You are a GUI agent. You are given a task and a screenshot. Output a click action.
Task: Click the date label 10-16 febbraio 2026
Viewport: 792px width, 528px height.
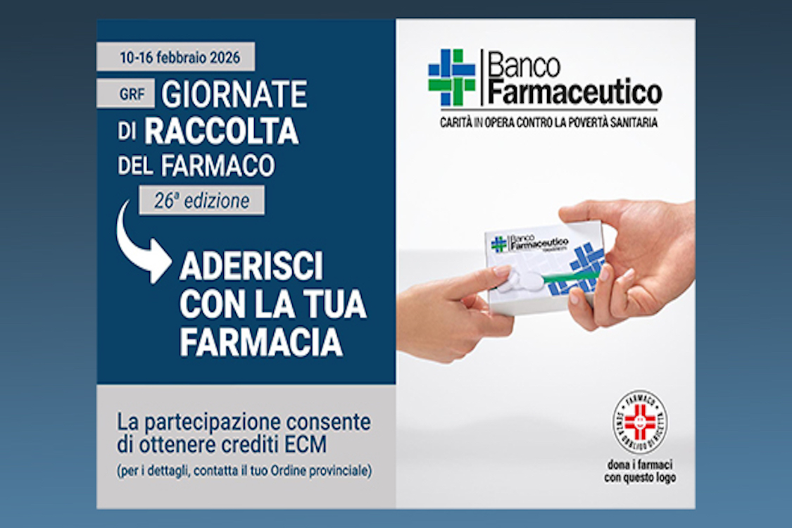tap(175, 57)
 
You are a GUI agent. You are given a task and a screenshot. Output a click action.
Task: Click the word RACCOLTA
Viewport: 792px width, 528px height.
tap(222, 132)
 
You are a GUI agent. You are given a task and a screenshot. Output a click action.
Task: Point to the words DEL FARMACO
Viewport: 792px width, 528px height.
tap(196, 166)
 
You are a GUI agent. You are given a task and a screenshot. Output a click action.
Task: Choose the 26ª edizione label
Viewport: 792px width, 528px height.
tap(202, 201)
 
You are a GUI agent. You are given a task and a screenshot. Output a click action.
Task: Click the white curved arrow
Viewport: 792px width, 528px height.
tap(142, 242)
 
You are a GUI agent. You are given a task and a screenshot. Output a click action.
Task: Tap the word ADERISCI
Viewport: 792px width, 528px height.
tap(251, 267)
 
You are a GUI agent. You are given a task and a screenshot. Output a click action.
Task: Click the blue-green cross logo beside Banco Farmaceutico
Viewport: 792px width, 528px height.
tap(451, 78)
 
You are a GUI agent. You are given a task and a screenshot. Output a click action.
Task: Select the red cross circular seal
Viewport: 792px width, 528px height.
tap(639, 422)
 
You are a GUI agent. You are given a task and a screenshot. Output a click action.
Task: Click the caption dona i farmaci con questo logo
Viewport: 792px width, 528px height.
tap(639, 472)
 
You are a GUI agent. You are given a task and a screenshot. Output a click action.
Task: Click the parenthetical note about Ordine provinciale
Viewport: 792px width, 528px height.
tap(244, 470)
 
